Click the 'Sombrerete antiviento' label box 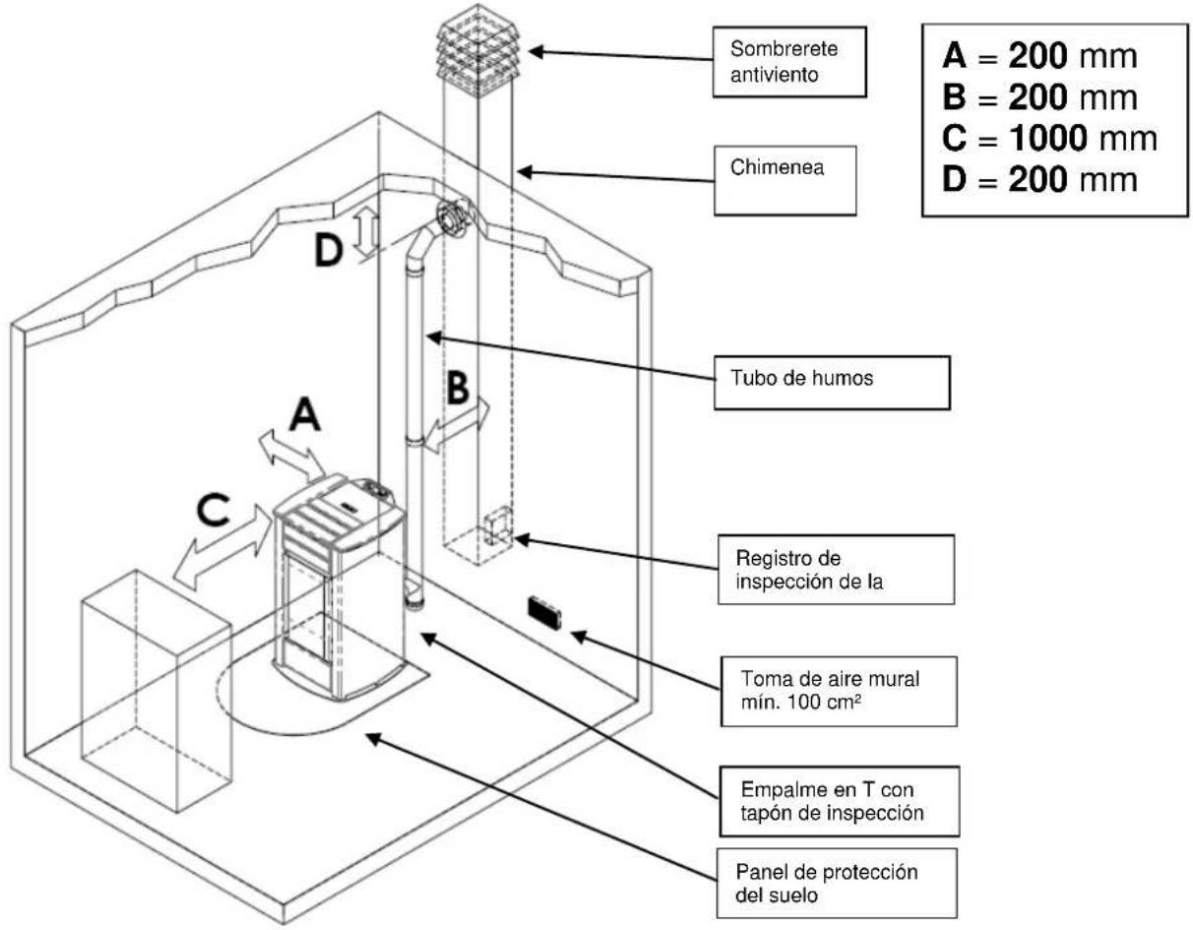(x=788, y=62)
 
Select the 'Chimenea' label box (x=785, y=180)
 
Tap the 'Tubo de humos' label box (x=832, y=383)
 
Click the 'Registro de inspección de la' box (x=836, y=570)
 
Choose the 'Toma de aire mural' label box (x=839, y=691)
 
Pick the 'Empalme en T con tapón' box (x=839, y=802)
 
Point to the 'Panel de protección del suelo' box (x=837, y=883)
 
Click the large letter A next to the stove (x=305, y=415)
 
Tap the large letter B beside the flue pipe (x=458, y=388)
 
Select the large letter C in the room (x=213, y=510)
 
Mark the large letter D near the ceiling (x=329, y=250)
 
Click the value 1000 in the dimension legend (x=1047, y=138)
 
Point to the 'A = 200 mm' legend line (x=1039, y=56)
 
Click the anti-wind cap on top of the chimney (x=477, y=51)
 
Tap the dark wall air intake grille (x=545, y=612)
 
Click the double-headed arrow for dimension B (x=457, y=425)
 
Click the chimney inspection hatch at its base (x=498, y=526)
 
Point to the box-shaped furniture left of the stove (x=156, y=690)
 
